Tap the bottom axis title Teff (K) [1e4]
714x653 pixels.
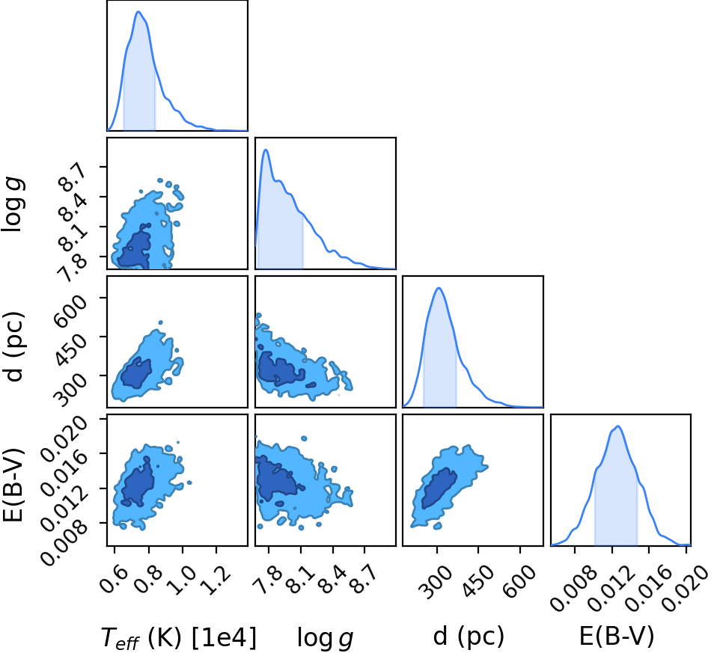[x=178, y=637]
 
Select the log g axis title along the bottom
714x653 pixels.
[x=325, y=637]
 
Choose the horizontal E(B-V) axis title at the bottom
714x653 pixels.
[x=617, y=636]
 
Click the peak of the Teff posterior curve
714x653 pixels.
[x=138, y=12]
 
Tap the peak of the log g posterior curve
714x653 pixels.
[x=266, y=150]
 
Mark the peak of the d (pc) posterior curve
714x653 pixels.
[x=439, y=288]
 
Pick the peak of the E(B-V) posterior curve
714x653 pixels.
[x=618, y=426]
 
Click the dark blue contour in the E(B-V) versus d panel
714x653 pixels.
[x=438, y=488]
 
